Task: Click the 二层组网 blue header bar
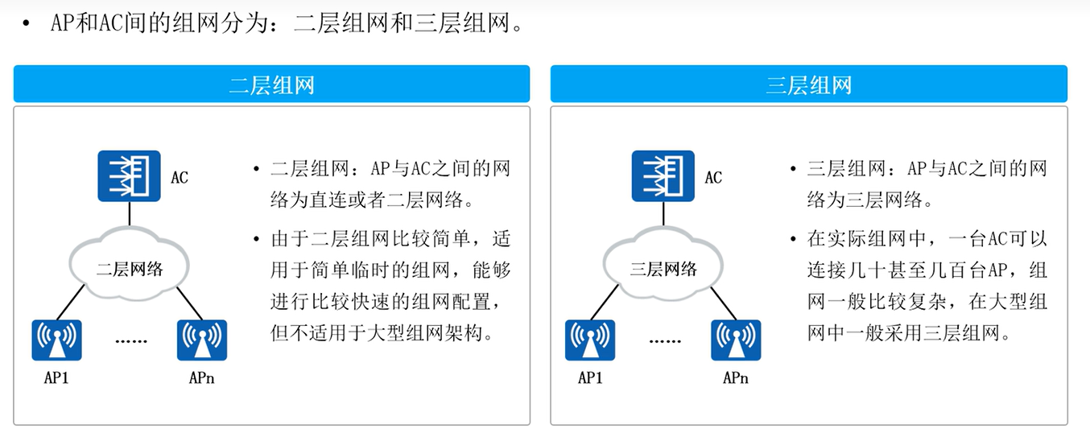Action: (271, 84)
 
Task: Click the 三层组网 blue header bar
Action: (808, 84)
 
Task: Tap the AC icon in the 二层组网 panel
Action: (129, 176)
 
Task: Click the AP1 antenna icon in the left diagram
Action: (57, 340)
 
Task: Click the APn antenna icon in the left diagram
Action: (201, 340)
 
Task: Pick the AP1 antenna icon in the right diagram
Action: (590, 340)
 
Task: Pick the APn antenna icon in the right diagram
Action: (735, 340)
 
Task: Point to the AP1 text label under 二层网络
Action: (56, 377)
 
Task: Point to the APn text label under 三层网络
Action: (735, 377)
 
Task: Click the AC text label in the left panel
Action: (180, 177)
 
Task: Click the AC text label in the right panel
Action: (713, 177)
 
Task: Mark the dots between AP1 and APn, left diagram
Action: (130, 341)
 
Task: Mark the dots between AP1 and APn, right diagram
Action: (664, 341)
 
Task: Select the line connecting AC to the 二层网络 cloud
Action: (129, 216)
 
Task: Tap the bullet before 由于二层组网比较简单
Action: (256, 239)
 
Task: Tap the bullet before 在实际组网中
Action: (792, 239)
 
